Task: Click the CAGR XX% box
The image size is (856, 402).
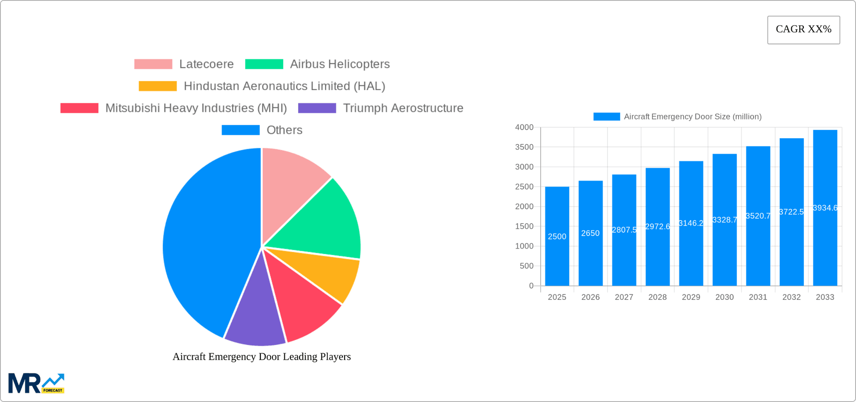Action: coord(803,30)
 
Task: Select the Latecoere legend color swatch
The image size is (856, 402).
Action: coord(153,64)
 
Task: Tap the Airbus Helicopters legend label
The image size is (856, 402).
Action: coord(340,64)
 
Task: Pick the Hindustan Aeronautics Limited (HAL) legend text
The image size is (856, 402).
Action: coord(284,86)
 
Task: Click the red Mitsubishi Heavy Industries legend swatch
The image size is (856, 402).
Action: coord(79,108)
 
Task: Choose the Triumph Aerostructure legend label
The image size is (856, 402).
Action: coord(403,108)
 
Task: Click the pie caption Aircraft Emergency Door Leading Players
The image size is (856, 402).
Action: coord(262,356)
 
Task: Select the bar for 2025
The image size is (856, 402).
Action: coord(557,250)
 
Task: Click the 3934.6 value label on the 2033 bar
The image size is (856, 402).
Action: coord(825,208)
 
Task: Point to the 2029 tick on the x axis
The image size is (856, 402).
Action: coord(691,297)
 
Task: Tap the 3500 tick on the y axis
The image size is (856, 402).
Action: coord(524,147)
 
